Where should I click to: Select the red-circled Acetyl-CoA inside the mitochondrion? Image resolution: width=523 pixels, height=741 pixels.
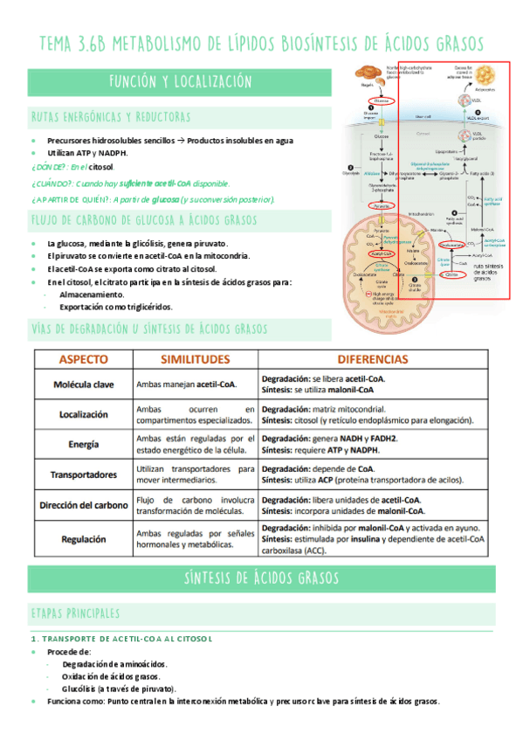click(381, 256)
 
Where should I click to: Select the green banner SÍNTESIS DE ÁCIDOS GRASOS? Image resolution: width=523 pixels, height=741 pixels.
click(261, 578)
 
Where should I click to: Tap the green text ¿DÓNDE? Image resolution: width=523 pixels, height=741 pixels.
click(49, 166)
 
